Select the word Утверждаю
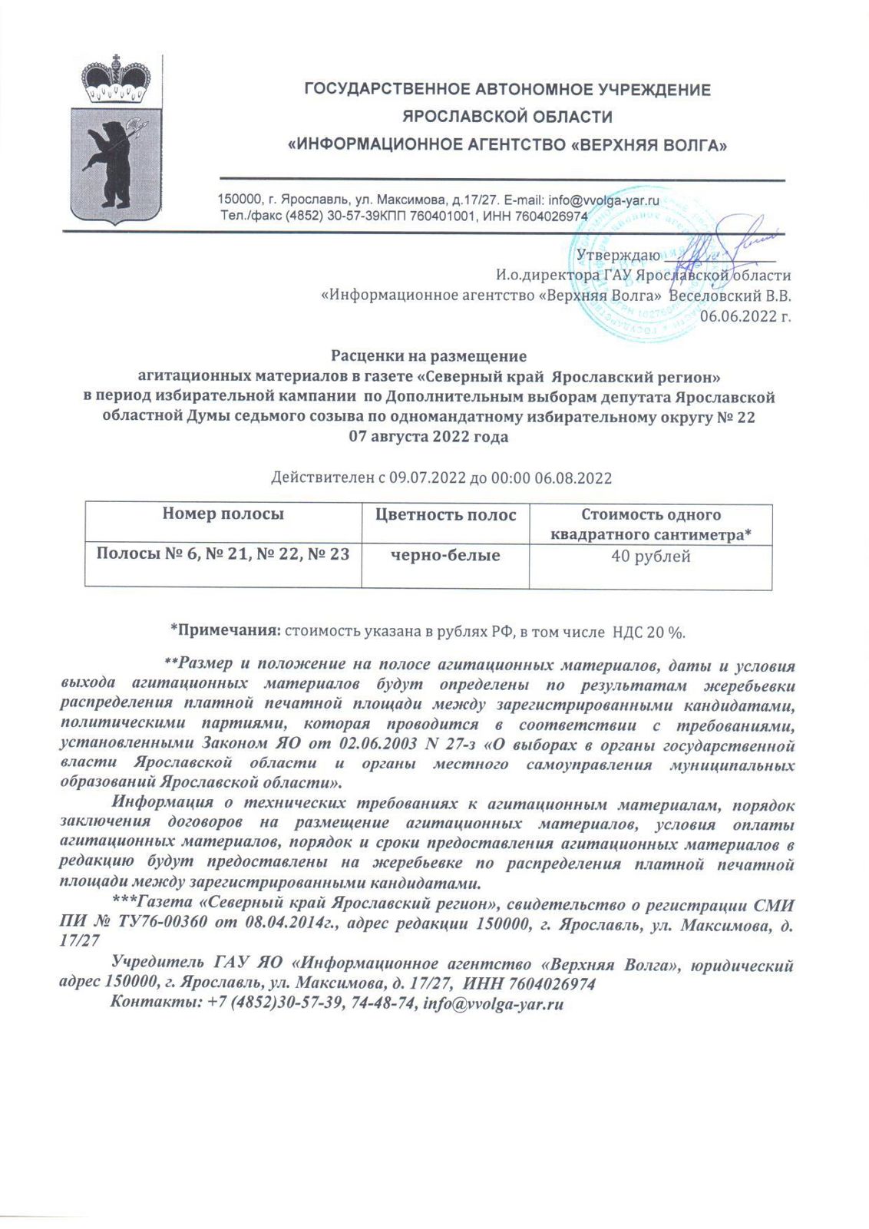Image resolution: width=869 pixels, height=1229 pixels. pos(618,255)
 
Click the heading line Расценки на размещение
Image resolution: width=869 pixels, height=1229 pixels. pos(428,356)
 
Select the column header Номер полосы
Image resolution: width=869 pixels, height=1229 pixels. pos(223,514)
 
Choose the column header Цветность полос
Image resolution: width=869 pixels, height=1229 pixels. pos(445,515)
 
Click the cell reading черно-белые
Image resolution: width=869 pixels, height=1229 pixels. pos(445,555)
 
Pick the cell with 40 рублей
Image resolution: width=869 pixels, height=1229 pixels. pos(651,557)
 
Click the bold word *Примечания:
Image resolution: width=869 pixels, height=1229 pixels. pos(225,632)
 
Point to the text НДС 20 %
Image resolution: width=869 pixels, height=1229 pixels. pos(647,632)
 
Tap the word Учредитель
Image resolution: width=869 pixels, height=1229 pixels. pos(157,963)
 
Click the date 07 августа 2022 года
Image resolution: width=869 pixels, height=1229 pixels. pos(428,438)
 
